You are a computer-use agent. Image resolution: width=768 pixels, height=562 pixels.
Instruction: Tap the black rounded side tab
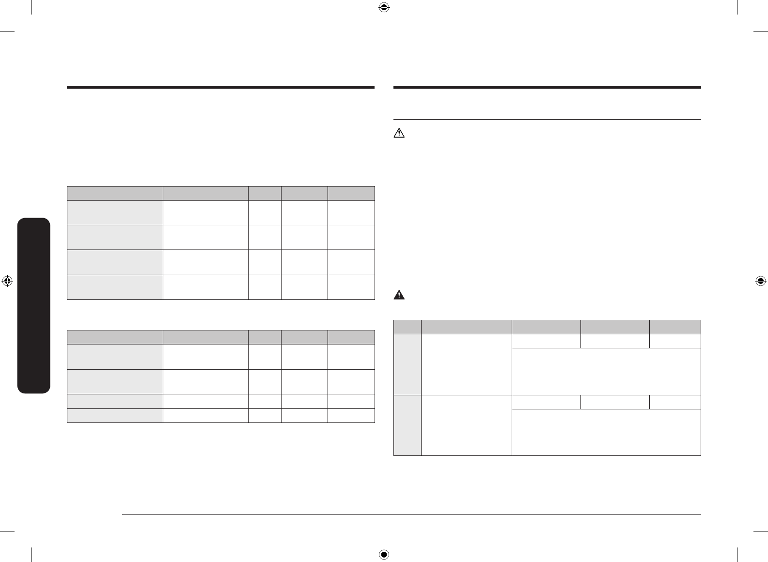click(33, 306)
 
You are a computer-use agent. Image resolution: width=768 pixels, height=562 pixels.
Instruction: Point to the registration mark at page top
click(384, 7)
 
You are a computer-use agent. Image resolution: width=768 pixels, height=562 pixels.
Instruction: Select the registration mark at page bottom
click(384, 554)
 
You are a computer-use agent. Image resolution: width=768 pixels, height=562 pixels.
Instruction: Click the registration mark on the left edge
click(7, 281)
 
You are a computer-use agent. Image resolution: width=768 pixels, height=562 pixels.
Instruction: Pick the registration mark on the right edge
click(761, 281)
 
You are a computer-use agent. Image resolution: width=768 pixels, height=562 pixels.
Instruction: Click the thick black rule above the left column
click(220, 88)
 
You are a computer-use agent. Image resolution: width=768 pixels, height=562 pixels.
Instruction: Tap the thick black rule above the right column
click(547, 88)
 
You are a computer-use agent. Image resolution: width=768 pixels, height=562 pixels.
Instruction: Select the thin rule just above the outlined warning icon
click(547, 119)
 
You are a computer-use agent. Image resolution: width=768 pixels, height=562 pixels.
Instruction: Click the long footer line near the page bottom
click(412, 515)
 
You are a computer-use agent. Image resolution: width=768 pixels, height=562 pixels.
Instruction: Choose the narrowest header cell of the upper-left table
click(265, 193)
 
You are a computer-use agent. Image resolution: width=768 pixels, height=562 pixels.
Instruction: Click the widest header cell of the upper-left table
click(115, 193)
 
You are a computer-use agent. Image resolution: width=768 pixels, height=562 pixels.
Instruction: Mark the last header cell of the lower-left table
click(351, 337)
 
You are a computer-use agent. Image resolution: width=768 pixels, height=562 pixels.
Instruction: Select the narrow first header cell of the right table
click(408, 327)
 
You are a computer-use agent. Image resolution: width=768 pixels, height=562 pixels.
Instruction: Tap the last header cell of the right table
click(675, 327)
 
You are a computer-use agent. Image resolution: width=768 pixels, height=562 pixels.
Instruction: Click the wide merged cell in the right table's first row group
click(606, 371)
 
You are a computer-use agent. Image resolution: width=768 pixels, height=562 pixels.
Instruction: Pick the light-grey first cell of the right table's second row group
click(408, 425)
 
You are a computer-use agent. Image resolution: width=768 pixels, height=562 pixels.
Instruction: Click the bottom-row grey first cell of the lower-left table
click(115, 416)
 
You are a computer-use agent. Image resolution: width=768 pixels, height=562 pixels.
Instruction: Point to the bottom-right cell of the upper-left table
click(351, 287)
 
